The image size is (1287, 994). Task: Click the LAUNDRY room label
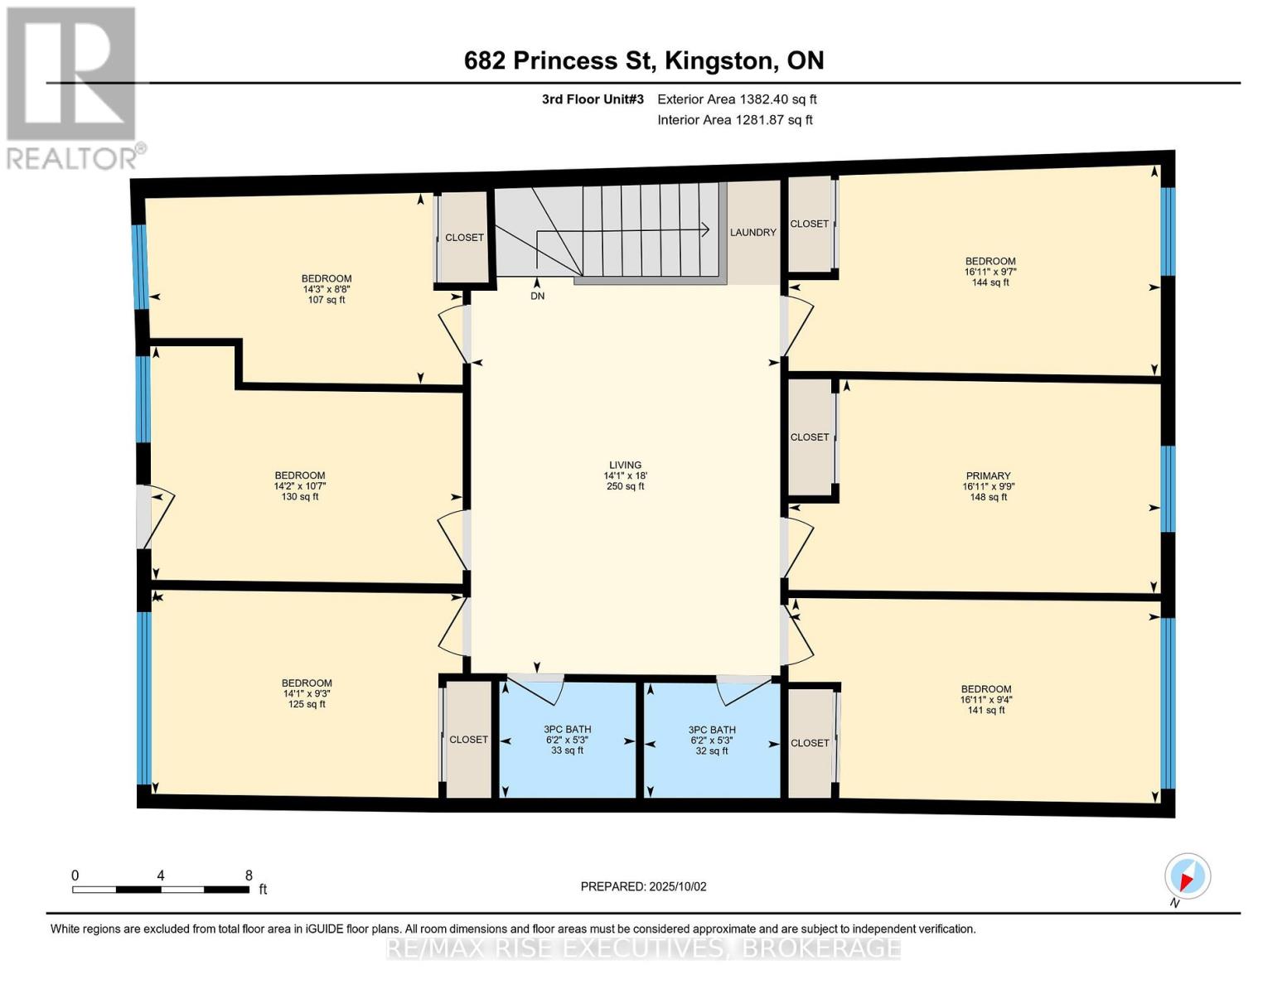[x=752, y=233]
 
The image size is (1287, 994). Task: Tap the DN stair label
[x=538, y=296]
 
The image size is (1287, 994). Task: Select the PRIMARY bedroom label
[x=988, y=476]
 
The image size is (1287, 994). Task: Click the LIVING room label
[x=625, y=466]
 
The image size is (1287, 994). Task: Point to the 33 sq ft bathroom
[x=568, y=740]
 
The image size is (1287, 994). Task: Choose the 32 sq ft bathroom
[x=711, y=740]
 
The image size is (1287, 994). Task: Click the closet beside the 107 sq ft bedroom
[x=464, y=238]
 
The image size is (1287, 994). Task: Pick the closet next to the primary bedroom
[x=810, y=437]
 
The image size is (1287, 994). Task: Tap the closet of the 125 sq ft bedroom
[x=468, y=740]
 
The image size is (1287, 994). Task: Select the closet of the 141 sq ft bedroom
[x=810, y=743]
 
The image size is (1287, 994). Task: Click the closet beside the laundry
[x=809, y=224]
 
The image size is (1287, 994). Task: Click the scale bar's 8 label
[x=249, y=876]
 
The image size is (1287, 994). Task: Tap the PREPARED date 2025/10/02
[x=643, y=886]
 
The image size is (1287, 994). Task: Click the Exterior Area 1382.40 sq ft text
[x=737, y=99]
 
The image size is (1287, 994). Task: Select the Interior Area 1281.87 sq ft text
[x=735, y=120]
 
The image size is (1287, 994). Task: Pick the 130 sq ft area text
[x=300, y=497]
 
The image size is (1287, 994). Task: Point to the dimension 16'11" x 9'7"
[x=990, y=272]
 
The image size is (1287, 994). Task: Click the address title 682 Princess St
[x=643, y=60]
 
